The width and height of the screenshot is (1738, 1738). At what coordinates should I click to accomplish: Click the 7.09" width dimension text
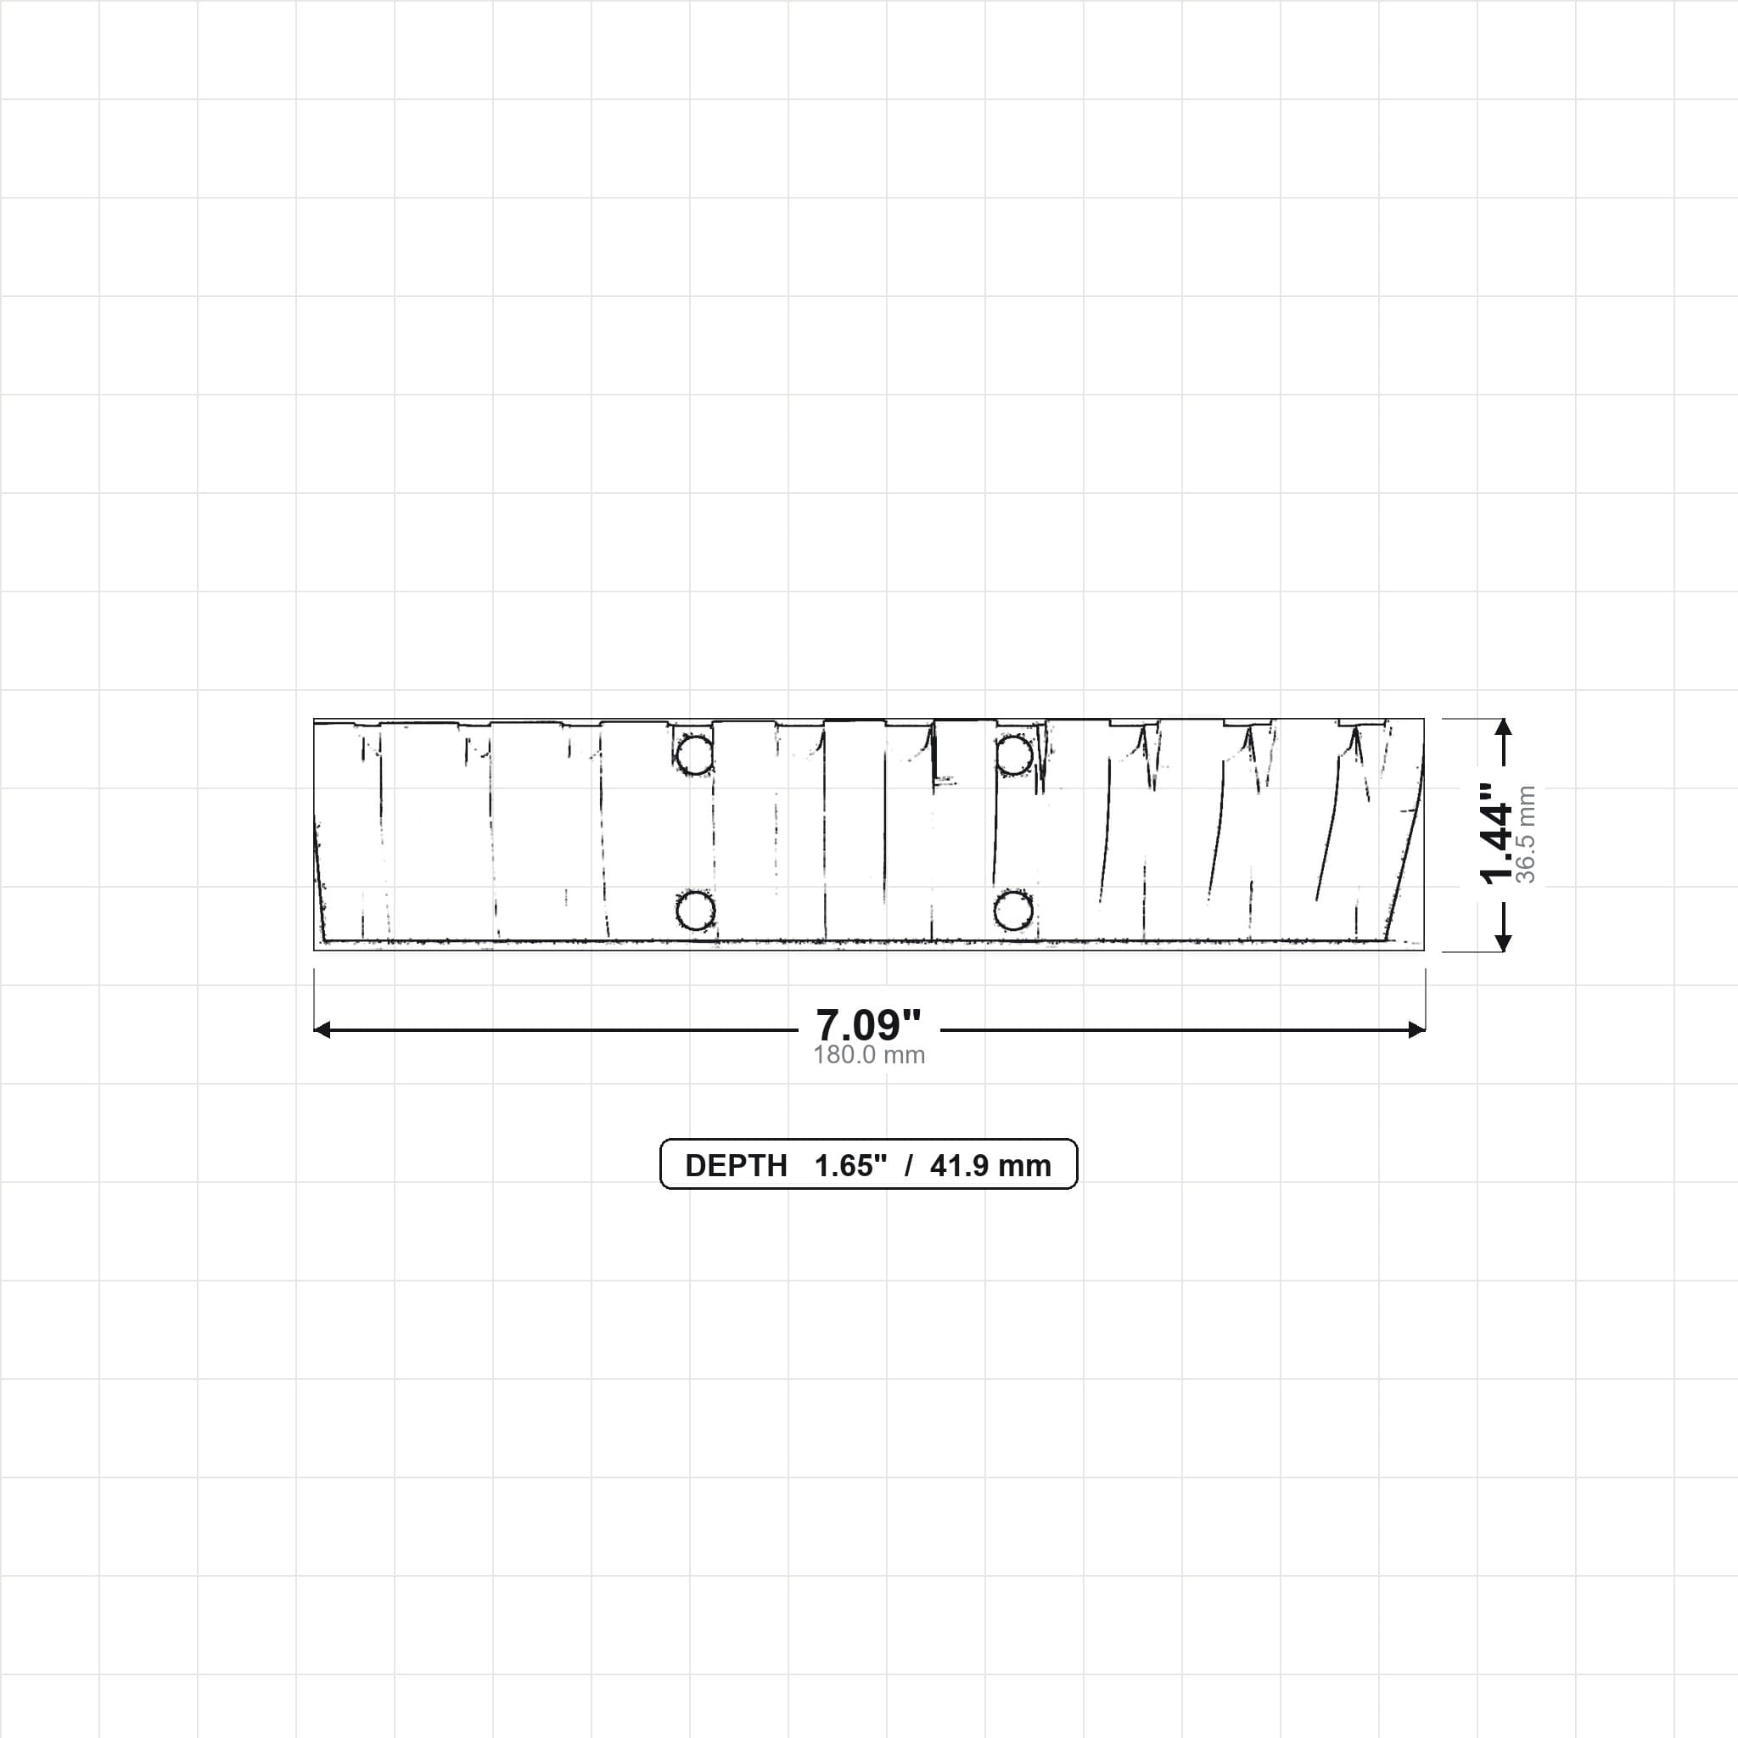click(868, 1024)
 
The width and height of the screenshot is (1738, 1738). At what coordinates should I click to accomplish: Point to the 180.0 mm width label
click(869, 1055)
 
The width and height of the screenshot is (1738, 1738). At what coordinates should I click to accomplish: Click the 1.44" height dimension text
click(1497, 834)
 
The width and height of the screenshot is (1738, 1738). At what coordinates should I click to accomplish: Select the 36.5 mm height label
click(1526, 834)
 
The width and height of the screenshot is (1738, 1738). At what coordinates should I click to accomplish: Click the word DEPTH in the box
click(736, 1166)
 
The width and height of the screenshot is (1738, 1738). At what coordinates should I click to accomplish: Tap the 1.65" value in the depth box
click(850, 1166)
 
